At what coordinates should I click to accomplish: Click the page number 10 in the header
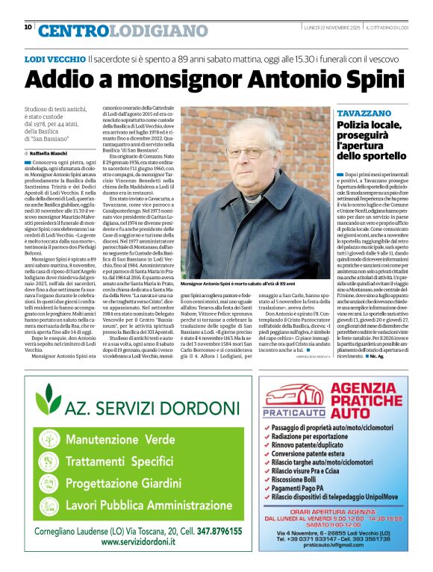point(28,27)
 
